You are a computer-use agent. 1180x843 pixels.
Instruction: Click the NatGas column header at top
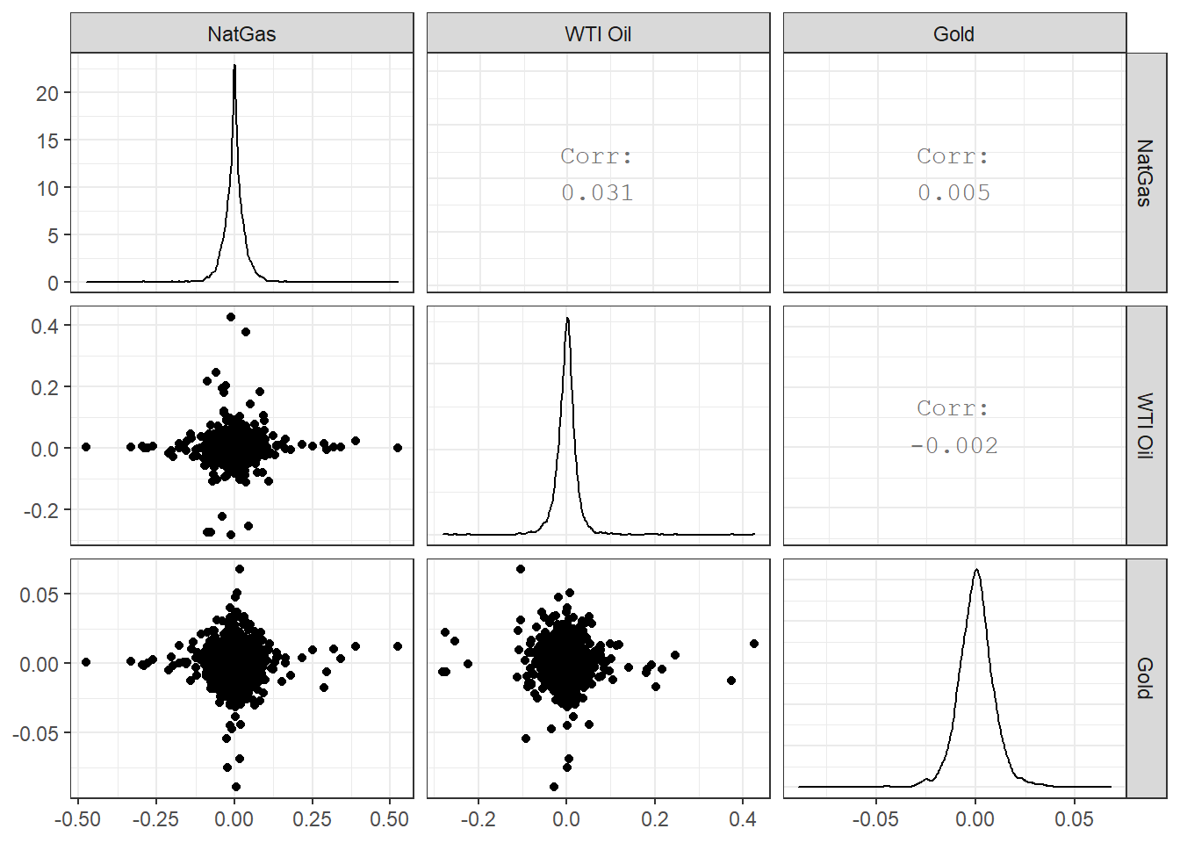point(241,34)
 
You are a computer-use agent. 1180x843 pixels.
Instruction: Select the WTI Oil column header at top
point(598,34)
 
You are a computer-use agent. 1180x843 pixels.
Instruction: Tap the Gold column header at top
point(953,34)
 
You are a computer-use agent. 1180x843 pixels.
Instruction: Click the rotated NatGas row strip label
point(1145,173)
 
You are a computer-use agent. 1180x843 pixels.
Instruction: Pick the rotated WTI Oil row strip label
point(1145,426)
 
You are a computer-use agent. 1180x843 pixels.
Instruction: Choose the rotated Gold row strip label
point(1145,678)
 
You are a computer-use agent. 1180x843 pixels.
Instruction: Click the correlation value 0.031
point(598,193)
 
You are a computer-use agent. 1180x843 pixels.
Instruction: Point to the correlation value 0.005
point(953,193)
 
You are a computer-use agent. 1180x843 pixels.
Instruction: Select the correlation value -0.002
point(953,446)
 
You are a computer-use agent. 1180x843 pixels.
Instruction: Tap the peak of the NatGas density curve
point(234,65)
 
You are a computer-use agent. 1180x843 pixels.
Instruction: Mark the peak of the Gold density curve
point(976,570)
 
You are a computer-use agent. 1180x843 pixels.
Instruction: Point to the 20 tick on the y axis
point(47,93)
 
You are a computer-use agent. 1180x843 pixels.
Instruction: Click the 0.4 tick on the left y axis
point(45,326)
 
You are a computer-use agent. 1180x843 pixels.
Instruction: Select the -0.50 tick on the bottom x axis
point(77,819)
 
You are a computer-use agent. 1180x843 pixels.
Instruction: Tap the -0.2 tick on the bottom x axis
point(478,819)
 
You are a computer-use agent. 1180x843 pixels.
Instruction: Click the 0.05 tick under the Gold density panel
point(1075,819)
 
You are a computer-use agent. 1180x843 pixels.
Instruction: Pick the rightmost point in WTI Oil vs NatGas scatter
point(398,448)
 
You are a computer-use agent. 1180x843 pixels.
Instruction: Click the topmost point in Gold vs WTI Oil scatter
point(521,569)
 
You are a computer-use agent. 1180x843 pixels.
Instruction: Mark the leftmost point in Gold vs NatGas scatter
point(86,662)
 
